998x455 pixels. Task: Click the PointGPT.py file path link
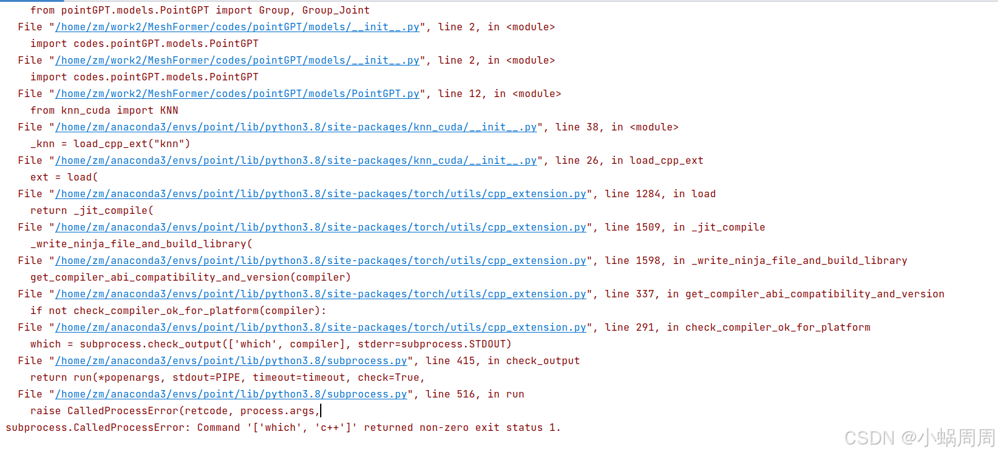coord(237,94)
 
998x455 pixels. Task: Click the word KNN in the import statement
coord(169,111)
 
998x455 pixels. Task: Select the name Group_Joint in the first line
coord(336,11)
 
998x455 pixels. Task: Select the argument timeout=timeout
coord(299,378)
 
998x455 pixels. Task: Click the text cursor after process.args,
coord(321,411)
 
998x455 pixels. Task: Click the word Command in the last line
coord(219,428)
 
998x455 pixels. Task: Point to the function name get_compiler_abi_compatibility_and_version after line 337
coord(814,294)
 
